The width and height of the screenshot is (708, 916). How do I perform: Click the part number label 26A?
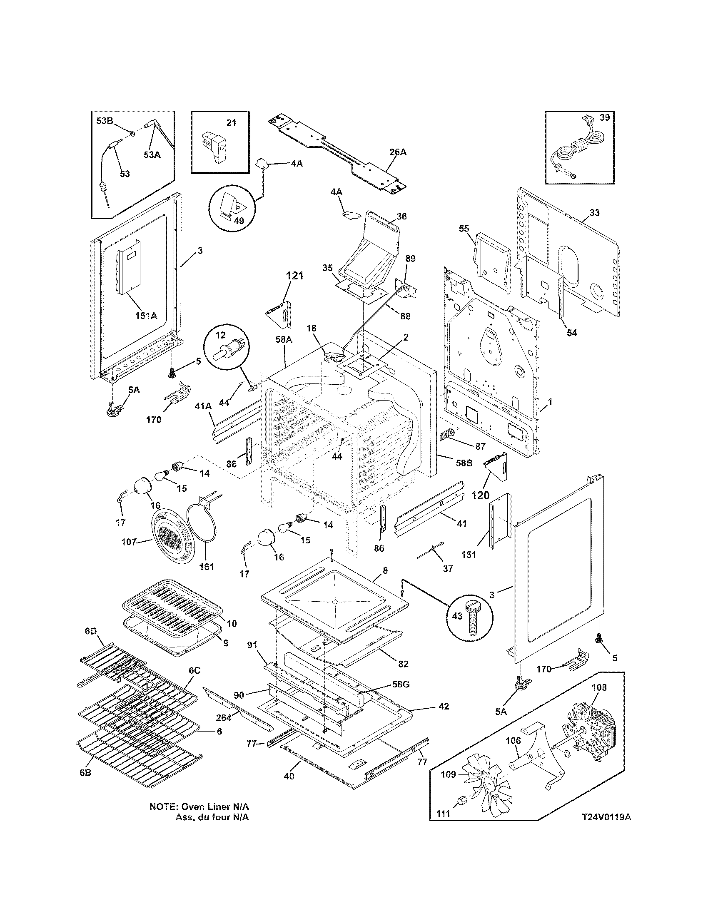(x=397, y=152)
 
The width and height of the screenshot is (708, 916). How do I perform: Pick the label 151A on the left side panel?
(x=145, y=316)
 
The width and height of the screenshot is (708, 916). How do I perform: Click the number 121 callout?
(x=294, y=276)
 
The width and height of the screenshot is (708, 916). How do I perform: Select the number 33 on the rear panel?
(x=594, y=213)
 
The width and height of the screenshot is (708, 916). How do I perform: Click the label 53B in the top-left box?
(x=105, y=121)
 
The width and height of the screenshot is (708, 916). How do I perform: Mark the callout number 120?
(x=480, y=495)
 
